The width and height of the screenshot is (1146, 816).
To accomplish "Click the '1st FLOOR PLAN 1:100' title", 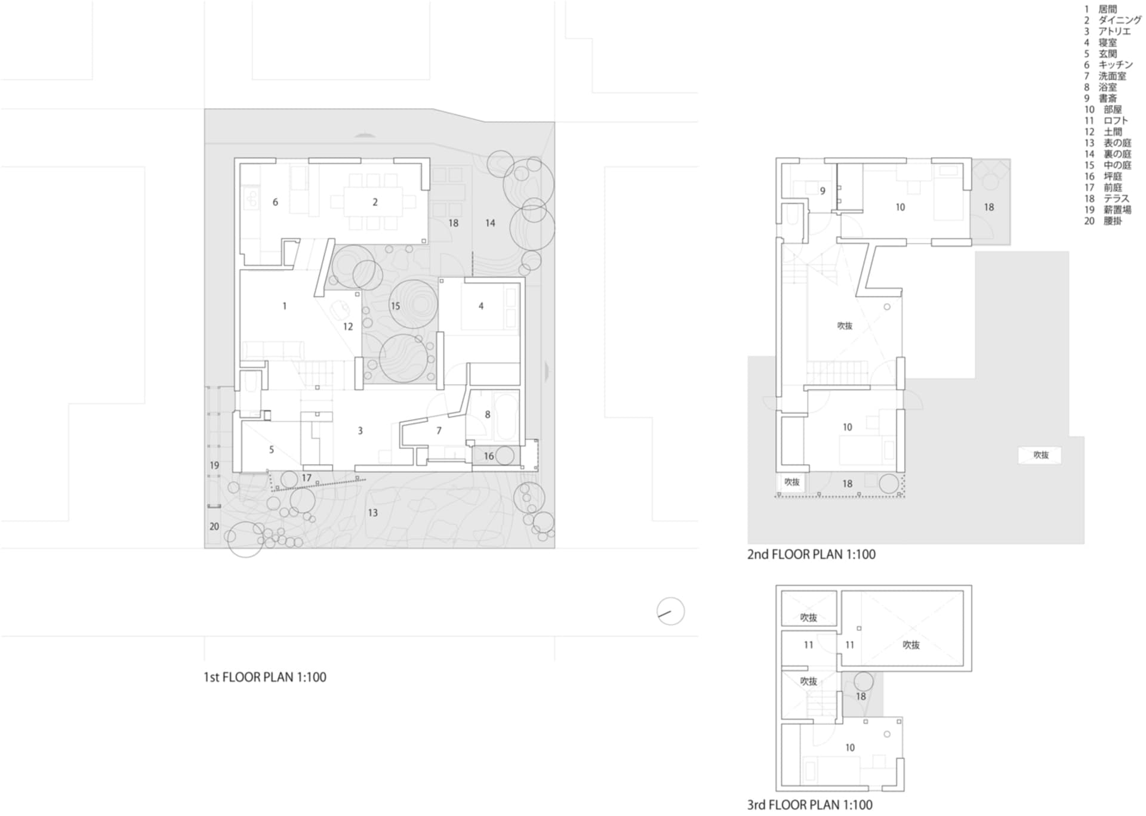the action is pos(265,677).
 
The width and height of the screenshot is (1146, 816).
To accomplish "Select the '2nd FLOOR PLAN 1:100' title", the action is pos(811,554).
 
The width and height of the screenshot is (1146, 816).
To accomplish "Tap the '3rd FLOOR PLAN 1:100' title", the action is pos(810,804).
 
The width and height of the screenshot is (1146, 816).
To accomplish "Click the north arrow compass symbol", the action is pos(670,611).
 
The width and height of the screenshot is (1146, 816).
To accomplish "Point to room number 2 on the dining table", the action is pos(375,202).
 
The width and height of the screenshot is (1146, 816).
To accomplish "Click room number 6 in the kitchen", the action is pos(275,202).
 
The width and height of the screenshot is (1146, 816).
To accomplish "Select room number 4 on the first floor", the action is pos(481,306).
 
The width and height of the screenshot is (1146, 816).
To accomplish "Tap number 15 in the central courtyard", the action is pos(395,306).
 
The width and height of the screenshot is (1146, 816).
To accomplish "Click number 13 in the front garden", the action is pos(372,512).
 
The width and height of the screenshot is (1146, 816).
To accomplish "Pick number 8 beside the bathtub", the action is pos(488,415).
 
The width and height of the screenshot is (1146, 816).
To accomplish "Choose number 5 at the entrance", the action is pos(271,449).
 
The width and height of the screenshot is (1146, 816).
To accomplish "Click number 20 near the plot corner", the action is pos(214,527).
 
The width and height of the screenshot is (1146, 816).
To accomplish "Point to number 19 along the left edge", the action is pos(214,465).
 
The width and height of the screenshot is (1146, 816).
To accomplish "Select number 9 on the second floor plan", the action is pos(822,191).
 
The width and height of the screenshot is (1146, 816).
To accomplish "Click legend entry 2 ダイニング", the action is pos(1113,20).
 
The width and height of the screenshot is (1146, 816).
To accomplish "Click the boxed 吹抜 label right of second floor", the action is pos(1041,455).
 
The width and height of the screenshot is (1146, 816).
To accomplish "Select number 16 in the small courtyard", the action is pos(489,456).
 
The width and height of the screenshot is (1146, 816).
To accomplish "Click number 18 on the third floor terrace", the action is pos(861,696).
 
